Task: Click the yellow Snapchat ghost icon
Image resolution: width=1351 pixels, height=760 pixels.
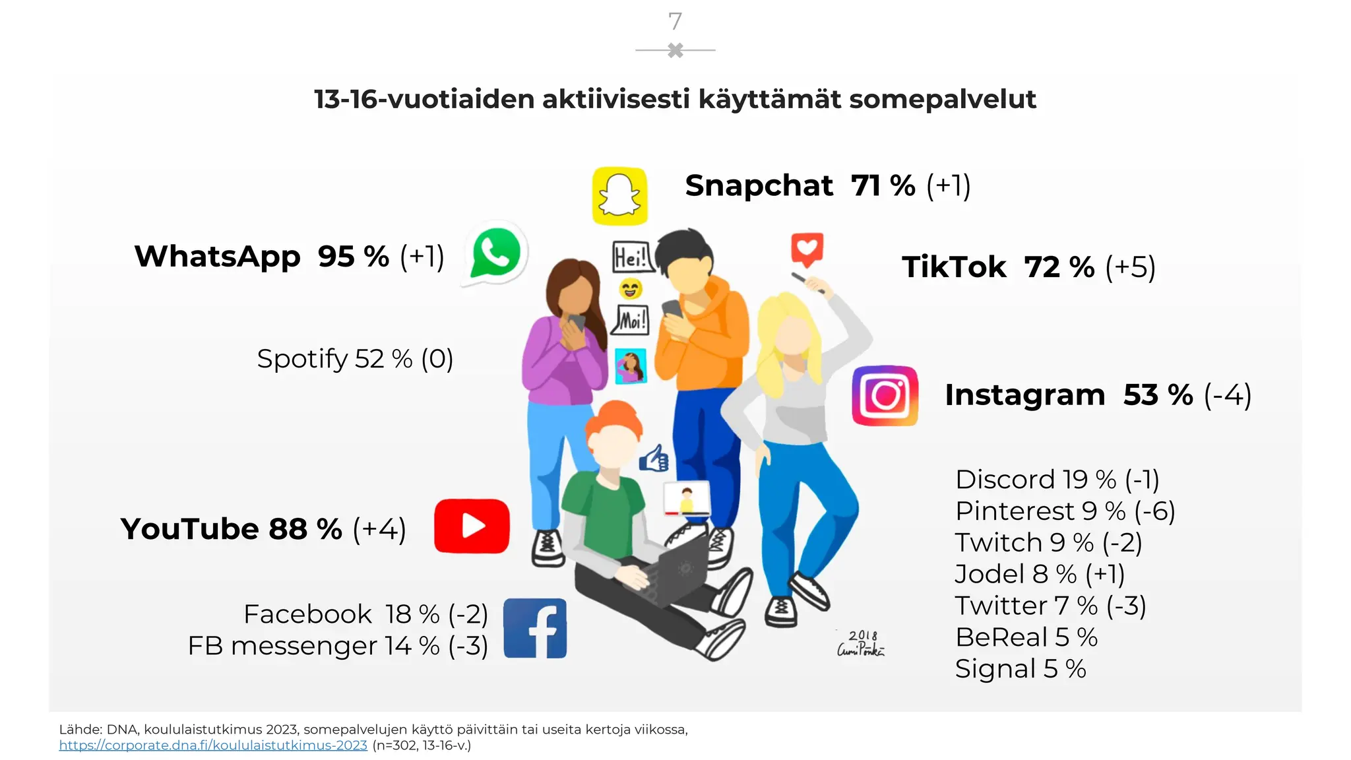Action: (619, 196)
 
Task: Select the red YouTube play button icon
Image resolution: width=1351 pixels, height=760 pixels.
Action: (472, 526)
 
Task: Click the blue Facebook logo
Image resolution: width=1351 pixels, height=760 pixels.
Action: (535, 628)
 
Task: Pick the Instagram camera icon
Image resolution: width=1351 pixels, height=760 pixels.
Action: (885, 395)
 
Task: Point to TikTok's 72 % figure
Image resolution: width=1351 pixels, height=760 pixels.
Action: (1059, 267)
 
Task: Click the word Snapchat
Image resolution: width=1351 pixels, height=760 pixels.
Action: (759, 185)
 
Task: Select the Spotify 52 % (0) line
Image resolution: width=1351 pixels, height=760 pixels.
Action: (355, 359)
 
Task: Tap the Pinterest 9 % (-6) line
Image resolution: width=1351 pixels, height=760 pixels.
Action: (1065, 511)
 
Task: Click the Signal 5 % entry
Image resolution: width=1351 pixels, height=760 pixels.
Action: (1020, 668)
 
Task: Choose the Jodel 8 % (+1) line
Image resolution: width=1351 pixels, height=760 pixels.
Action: (1040, 574)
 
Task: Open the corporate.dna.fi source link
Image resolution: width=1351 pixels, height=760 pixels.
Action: (213, 745)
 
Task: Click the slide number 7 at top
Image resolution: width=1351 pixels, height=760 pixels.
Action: (675, 22)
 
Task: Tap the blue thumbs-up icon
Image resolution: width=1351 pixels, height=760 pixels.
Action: (654, 459)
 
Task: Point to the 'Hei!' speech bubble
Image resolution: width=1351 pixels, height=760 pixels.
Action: (631, 257)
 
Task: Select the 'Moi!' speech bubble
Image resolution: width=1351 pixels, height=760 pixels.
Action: (632, 321)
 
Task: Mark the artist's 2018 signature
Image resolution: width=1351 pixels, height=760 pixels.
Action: (861, 643)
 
